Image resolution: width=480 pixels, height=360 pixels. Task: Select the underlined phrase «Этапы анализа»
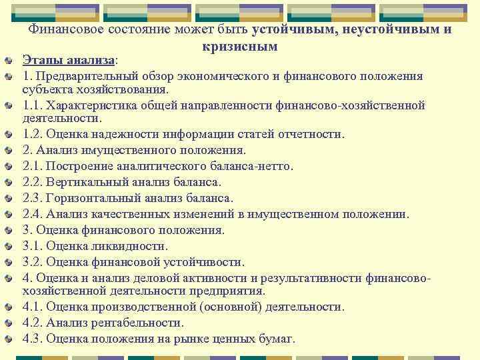point(69,60)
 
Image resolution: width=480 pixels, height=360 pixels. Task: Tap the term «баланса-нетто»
point(255,166)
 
